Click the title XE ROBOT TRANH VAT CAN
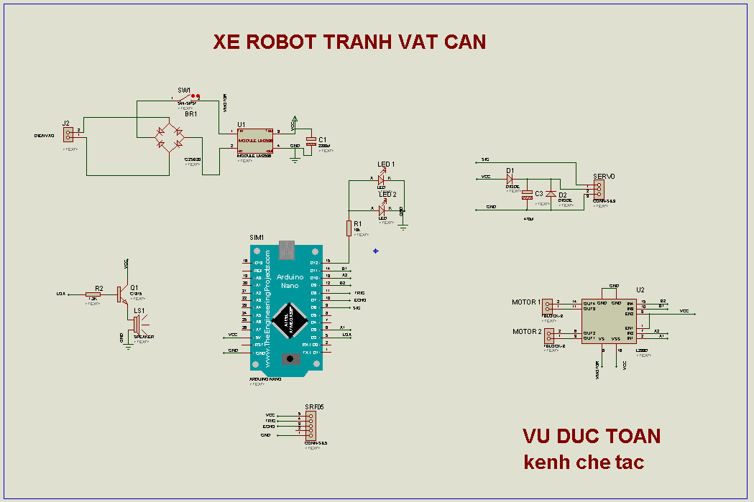click(x=349, y=42)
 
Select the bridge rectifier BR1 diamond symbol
click(x=169, y=136)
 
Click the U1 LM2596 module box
click(x=255, y=140)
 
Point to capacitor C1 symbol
click(x=311, y=141)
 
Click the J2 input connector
click(x=68, y=134)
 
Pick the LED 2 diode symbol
click(x=382, y=208)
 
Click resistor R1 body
click(x=349, y=228)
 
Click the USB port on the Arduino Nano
click(x=288, y=250)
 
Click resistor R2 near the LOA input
click(x=93, y=294)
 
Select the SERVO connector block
click(x=598, y=190)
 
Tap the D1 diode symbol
click(x=510, y=177)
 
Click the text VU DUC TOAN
click(x=591, y=436)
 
